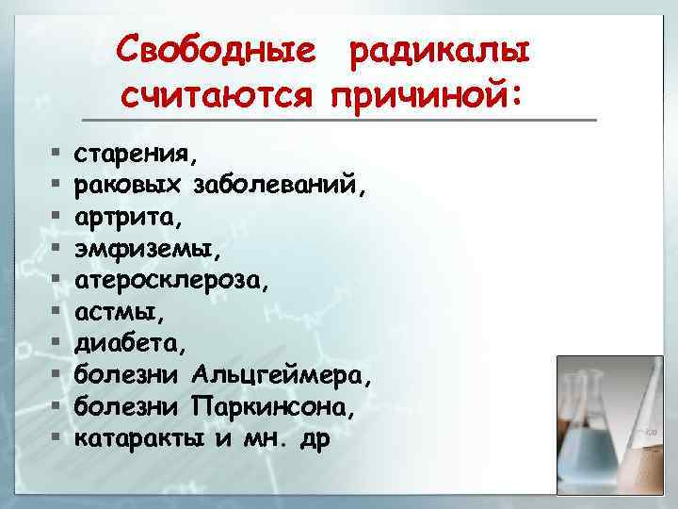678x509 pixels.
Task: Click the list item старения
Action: pos(136,153)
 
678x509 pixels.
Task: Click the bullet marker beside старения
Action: pos(56,153)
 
